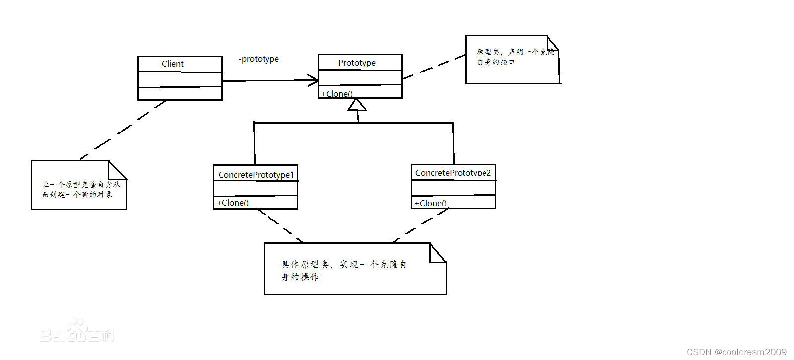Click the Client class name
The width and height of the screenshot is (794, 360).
(x=172, y=64)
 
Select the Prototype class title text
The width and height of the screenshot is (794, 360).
(x=357, y=63)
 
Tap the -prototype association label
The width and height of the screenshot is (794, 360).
(x=259, y=59)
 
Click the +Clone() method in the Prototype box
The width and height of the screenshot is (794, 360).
(x=336, y=94)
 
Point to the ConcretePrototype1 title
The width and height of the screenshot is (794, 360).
(x=256, y=175)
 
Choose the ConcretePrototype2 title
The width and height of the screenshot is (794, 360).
(x=453, y=173)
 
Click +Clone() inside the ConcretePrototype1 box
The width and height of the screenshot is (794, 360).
(x=232, y=203)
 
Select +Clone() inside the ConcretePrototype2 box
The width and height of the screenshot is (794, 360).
(x=430, y=203)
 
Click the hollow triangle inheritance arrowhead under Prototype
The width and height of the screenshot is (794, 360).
(x=357, y=105)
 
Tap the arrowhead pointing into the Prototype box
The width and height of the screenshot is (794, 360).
(x=313, y=80)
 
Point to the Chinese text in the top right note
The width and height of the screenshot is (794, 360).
(x=515, y=57)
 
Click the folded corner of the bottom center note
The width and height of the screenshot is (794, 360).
(x=438, y=252)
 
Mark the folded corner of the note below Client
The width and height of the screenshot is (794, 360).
(x=117, y=170)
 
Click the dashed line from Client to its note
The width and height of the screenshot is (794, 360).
(x=123, y=130)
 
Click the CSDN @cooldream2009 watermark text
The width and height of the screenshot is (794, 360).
(x=736, y=352)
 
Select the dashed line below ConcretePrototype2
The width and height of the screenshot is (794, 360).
(x=420, y=225)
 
